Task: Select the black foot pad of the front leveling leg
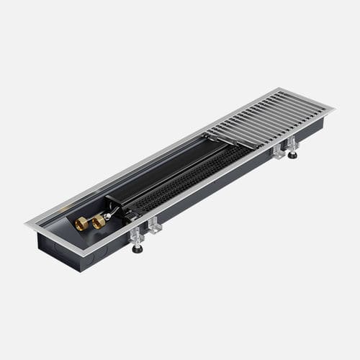pyautogui.click(x=137, y=249)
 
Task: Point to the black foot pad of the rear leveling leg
pyautogui.click(x=293, y=156)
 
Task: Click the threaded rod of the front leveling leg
pyautogui.click(x=136, y=242)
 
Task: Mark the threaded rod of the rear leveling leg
pyautogui.click(x=292, y=149)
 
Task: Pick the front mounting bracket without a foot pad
pyautogui.click(x=153, y=228)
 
